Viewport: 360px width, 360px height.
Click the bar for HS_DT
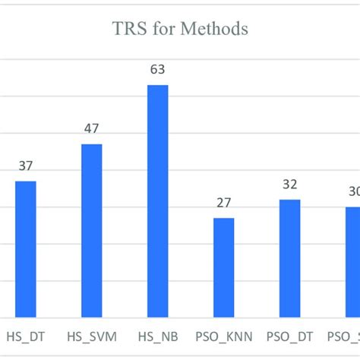tap(26, 248)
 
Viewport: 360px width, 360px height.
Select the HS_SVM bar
tap(92, 230)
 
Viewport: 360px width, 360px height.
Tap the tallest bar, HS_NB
tap(157, 201)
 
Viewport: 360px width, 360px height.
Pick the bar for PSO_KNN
tap(223, 267)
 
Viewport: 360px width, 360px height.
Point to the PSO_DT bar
tap(289, 258)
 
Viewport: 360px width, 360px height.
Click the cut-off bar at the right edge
tap(353, 261)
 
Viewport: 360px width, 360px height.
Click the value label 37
tap(26, 166)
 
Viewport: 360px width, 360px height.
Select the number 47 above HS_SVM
tap(92, 128)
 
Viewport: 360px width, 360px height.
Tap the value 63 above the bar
tap(157, 70)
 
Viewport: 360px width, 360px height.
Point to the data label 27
tap(223, 203)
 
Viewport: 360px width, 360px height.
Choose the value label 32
tap(289, 185)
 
